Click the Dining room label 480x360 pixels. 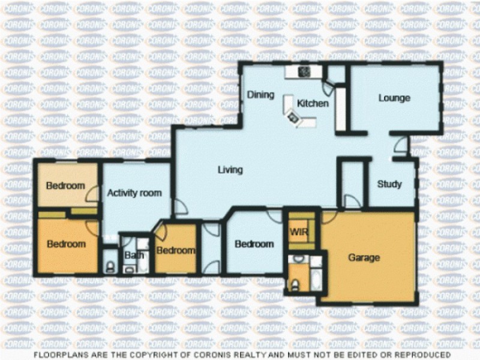point(261,95)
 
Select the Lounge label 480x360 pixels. point(394,98)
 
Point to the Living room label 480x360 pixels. point(230,170)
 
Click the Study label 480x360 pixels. point(389,184)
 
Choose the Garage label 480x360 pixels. point(364,258)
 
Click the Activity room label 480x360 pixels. point(134,193)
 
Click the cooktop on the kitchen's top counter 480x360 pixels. point(305,71)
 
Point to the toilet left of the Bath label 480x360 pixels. point(109,266)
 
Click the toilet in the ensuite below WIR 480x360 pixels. point(294,284)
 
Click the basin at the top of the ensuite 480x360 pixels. point(298,259)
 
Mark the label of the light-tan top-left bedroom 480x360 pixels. point(65,185)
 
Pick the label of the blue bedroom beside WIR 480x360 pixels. point(254,244)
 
